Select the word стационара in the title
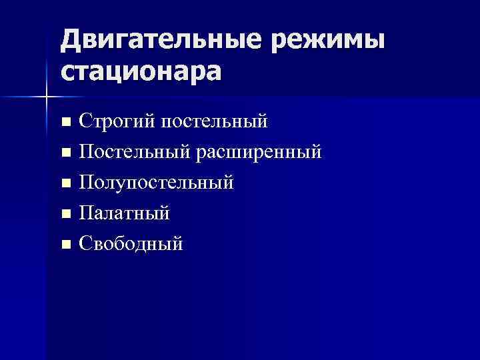click(x=140, y=71)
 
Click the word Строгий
click(x=115, y=123)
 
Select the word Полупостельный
click(x=157, y=183)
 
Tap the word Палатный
click(x=124, y=213)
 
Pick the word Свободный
click(x=131, y=243)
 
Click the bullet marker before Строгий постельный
click(x=65, y=123)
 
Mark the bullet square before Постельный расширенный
click(x=65, y=153)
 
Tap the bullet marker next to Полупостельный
click(x=65, y=183)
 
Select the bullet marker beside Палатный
click(x=65, y=214)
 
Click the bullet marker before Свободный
click(x=65, y=244)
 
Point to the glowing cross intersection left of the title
click(x=46, y=97)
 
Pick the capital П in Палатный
click(x=86, y=213)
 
